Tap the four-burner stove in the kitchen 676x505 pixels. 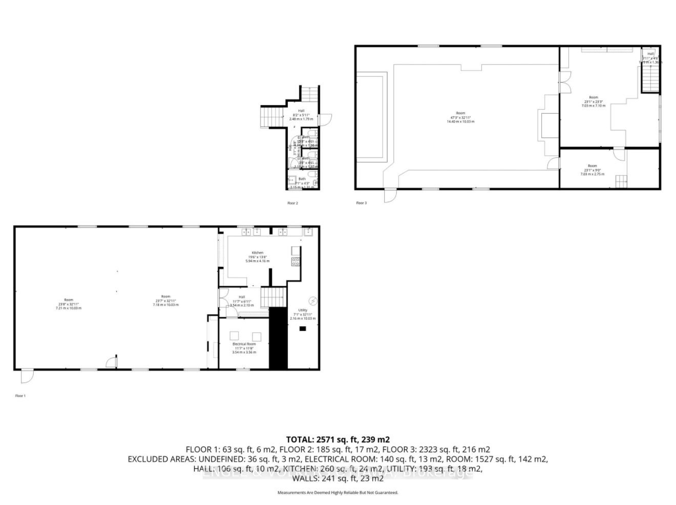tap(295, 262)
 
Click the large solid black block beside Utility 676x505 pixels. tap(278, 338)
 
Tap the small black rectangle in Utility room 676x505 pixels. tap(303, 328)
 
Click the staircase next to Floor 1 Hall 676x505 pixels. tap(272, 297)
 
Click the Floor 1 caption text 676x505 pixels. tap(20, 396)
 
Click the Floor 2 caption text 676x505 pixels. tap(292, 203)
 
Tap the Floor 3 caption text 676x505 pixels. tap(361, 203)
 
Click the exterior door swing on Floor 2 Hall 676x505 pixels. tap(326, 118)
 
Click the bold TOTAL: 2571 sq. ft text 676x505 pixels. tap(337, 439)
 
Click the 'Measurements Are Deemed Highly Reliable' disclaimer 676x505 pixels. tap(337, 493)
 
